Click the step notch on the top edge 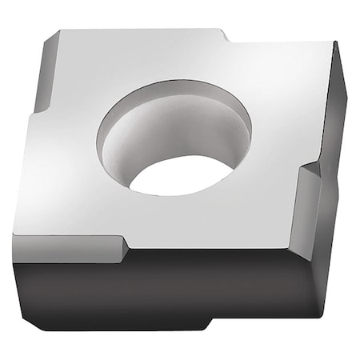click(224, 35)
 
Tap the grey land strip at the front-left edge click(72, 248)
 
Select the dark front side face click(160, 296)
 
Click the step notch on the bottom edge click(210, 325)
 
